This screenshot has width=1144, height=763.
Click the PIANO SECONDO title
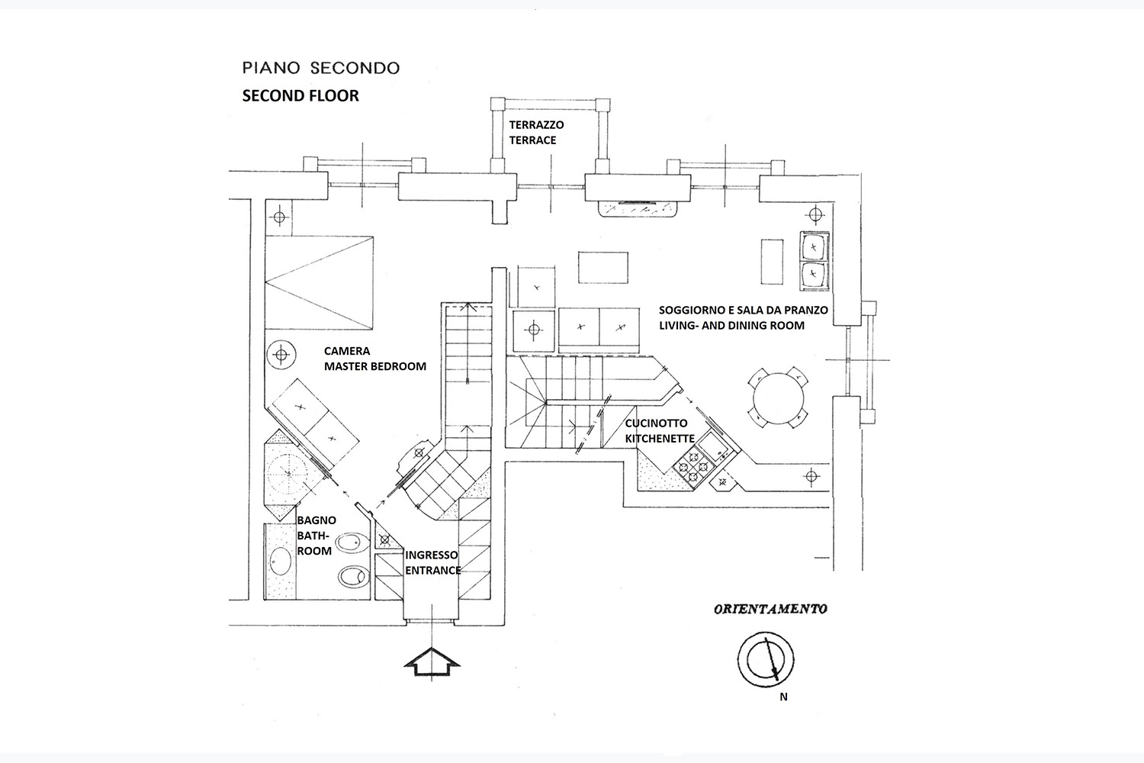[x=320, y=68]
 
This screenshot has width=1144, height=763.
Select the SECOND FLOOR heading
[x=300, y=96]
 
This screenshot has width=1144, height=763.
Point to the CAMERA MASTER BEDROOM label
[x=374, y=359]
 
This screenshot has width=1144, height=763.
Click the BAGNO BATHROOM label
[x=316, y=536]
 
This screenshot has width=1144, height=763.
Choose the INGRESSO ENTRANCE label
[x=432, y=562]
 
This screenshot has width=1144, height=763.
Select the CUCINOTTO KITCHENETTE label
[x=659, y=431]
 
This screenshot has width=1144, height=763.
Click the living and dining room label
[x=731, y=318]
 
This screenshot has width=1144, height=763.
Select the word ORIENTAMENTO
[x=770, y=609]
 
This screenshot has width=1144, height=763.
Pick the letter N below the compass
[x=783, y=696]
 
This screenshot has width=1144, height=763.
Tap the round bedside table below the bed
[x=281, y=355]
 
